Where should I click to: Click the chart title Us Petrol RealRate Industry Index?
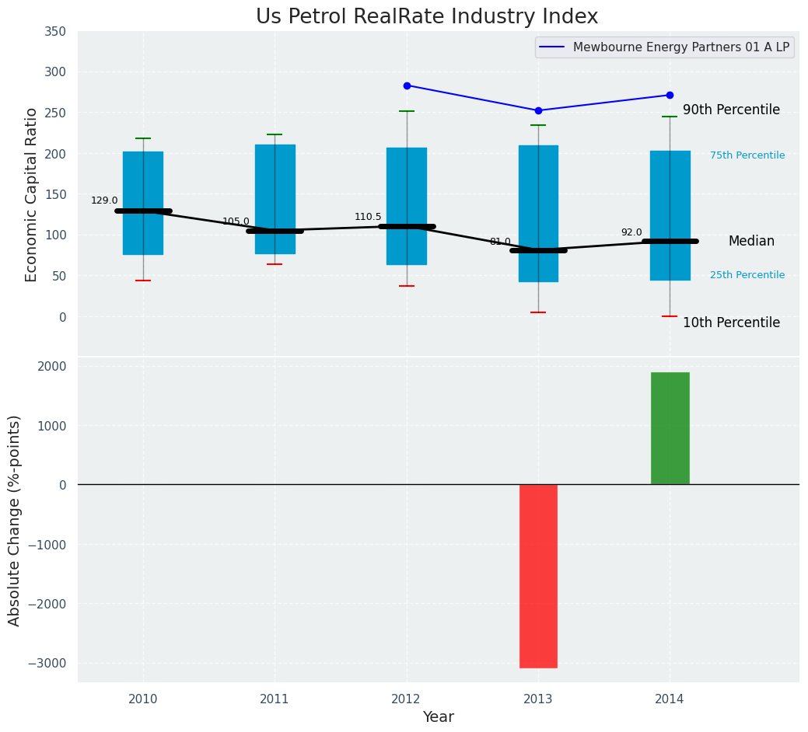427,17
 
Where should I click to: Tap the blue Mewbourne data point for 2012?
407,85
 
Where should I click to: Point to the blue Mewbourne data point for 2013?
538,110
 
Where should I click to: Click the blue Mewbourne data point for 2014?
670,95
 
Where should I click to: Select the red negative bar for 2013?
538,576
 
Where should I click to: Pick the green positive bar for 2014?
670,428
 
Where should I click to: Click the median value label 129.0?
104,200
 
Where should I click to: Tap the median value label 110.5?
368,217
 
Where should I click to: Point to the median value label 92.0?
631,232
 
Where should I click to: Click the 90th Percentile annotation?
731,110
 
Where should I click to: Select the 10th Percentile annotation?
731,322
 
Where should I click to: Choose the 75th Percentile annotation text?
747,155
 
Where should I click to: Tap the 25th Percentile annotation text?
747,275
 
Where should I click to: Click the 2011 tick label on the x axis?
275,699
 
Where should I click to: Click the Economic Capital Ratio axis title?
32,194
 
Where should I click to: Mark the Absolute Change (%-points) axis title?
15,520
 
